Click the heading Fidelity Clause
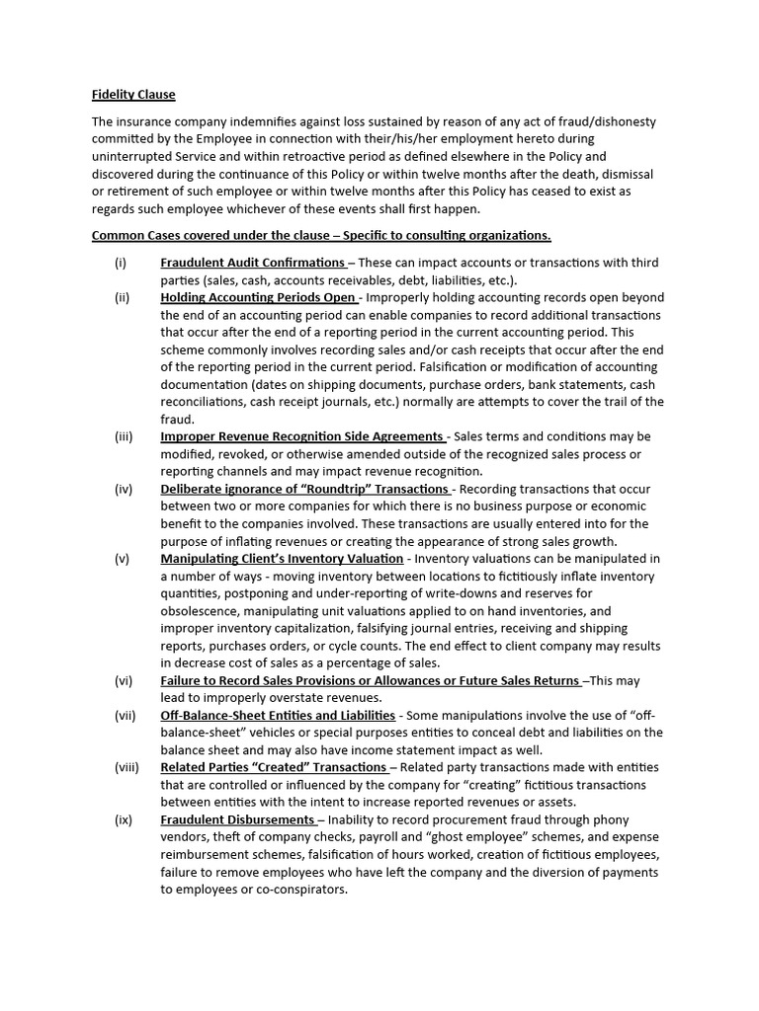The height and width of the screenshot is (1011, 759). pos(133,95)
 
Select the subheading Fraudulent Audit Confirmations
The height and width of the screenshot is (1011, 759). pos(252,263)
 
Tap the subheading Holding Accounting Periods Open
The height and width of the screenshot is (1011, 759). pos(259,297)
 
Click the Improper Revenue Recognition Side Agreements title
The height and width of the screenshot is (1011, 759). pos(302,436)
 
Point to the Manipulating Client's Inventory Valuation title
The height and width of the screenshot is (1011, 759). pos(282,558)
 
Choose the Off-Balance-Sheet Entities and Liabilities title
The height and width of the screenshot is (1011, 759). pos(278,715)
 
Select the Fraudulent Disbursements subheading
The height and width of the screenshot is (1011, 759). pos(237,819)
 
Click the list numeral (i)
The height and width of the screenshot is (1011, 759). pos(121,263)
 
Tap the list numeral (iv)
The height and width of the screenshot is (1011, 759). pos(124,489)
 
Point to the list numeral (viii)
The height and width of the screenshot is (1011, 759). pos(126,767)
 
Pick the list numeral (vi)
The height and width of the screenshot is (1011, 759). pos(124,680)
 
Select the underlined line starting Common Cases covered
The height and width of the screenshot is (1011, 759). pos(321,235)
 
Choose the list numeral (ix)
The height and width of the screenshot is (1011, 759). pos(124,819)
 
